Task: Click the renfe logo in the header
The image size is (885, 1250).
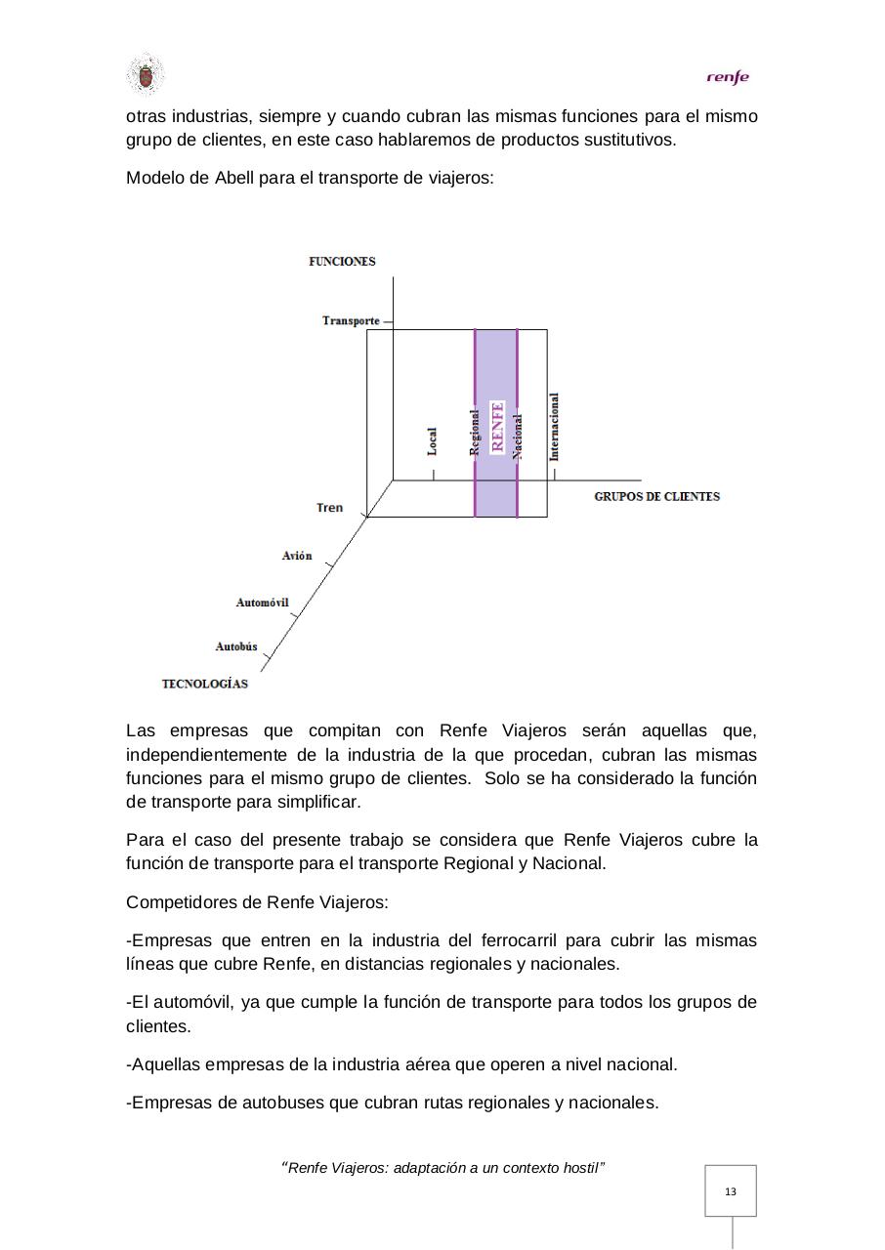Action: pyautogui.click(x=728, y=77)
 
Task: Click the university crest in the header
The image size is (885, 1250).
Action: pyautogui.click(x=146, y=75)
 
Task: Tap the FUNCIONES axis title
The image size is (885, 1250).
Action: pyautogui.click(x=342, y=262)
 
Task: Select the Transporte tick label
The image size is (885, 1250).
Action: pyautogui.click(x=352, y=321)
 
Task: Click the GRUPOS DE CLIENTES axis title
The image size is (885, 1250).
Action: pyautogui.click(x=656, y=496)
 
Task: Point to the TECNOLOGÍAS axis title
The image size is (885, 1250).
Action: pyautogui.click(x=204, y=684)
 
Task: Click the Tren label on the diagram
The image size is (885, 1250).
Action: pyautogui.click(x=330, y=508)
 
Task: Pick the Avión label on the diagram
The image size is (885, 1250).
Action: pyautogui.click(x=297, y=556)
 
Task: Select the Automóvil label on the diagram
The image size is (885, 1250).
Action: pyautogui.click(x=262, y=603)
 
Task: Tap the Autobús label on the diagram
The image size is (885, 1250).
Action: pyautogui.click(x=236, y=646)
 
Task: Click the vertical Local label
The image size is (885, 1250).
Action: pyautogui.click(x=433, y=441)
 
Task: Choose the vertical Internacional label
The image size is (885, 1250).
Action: pyautogui.click(x=555, y=426)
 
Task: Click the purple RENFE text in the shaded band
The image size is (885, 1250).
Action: pyautogui.click(x=497, y=426)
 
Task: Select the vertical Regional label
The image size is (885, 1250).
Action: pyautogui.click(x=476, y=432)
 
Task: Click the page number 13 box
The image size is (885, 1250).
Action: pyautogui.click(x=731, y=1191)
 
